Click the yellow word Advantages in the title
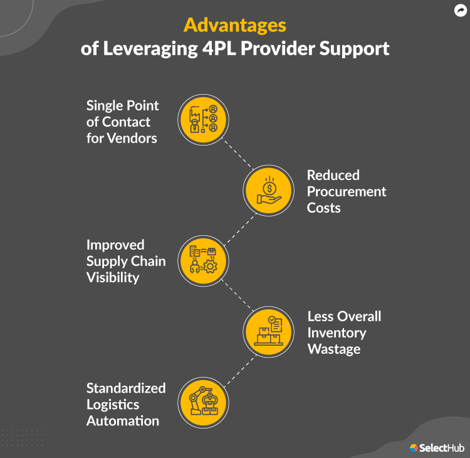(234, 25)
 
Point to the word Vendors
(131, 138)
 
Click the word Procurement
(347, 191)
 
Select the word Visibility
(113, 277)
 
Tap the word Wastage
(334, 349)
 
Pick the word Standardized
(126, 388)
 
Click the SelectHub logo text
(442, 447)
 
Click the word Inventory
(337, 333)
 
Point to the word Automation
(123, 420)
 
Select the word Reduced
(333, 175)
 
